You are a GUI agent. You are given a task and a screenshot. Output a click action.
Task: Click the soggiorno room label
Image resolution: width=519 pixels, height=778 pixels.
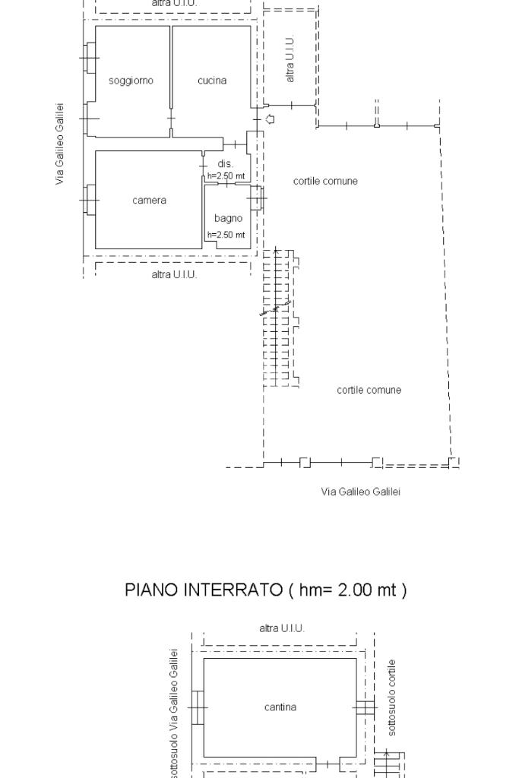click(x=131, y=81)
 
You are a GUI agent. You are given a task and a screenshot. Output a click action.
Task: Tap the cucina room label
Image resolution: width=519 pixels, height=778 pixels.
click(x=212, y=81)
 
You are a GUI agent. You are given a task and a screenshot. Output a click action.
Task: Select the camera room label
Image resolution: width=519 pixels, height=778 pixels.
click(x=150, y=201)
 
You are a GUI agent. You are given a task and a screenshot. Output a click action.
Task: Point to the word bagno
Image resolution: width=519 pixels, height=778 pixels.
click(x=228, y=219)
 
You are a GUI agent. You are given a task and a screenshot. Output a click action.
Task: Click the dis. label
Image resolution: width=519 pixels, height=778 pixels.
click(x=225, y=164)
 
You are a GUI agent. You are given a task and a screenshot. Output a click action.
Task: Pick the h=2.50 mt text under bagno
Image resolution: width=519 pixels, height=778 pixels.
click(x=226, y=235)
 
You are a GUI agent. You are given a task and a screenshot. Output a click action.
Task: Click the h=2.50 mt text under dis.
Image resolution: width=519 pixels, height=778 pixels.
click(x=226, y=176)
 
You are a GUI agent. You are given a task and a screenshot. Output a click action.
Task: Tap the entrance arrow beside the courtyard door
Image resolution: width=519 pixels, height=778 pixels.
click(x=271, y=119)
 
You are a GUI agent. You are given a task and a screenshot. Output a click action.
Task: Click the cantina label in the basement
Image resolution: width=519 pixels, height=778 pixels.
click(x=280, y=707)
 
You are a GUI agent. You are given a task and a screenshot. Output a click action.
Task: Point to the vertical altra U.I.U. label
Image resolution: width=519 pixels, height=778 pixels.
click(x=290, y=59)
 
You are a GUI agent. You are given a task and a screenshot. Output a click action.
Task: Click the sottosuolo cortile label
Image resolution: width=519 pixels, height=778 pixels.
click(x=392, y=697)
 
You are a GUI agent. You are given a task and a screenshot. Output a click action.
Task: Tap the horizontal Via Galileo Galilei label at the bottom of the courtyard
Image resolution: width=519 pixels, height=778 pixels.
click(x=361, y=492)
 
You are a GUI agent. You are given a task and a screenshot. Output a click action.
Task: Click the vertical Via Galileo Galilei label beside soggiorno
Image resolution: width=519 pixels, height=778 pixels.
click(x=59, y=144)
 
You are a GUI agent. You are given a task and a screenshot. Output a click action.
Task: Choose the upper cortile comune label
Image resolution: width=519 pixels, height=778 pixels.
click(x=325, y=181)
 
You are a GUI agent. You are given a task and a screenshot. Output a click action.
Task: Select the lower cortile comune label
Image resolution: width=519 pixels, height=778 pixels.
click(x=369, y=390)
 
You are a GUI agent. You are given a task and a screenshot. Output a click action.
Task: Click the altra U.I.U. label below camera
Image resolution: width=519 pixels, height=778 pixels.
click(x=174, y=274)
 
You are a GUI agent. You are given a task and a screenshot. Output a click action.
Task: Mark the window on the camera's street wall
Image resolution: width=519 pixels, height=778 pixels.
click(x=90, y=200)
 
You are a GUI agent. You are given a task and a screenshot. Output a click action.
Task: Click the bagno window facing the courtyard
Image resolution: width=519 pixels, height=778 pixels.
click(x=257, y=198)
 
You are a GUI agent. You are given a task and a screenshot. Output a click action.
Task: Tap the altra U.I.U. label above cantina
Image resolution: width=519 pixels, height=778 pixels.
click(x=282, y=628)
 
